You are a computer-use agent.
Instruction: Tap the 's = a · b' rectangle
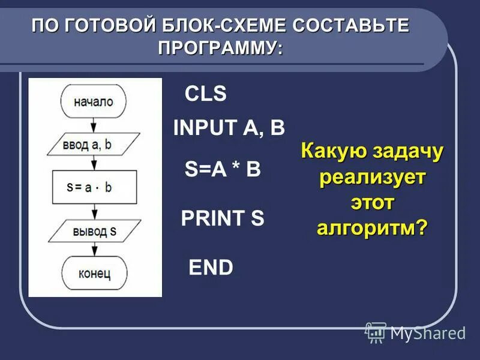[x=94, y=187]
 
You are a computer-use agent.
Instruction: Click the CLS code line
[x=205, y=94]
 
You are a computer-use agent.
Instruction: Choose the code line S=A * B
[x=223, y=170]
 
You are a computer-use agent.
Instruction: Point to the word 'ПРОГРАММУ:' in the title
[x=220, y=47]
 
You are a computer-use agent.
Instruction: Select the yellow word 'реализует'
[x=373, y=178]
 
